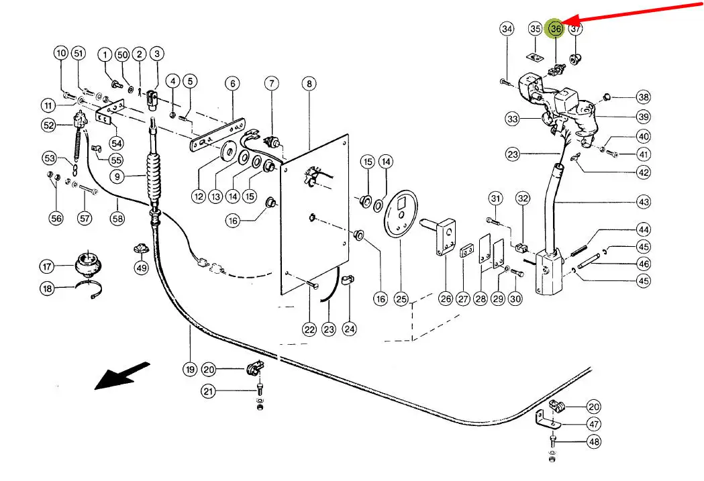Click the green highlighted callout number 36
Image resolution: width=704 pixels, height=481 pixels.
coord(556,29)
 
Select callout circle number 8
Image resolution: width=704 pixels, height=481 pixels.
coord(309,84)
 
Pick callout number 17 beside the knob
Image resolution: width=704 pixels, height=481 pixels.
coord(46,267)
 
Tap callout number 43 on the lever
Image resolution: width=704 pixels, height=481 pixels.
coord(644,201)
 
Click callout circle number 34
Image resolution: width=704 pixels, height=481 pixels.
coord(507,29)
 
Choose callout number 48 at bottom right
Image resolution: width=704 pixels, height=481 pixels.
coord(594,442)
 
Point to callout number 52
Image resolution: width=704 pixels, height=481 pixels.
coord(48,125)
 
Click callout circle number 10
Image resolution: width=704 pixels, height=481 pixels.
coord(61,53)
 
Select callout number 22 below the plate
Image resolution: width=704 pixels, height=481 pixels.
coord(309,329)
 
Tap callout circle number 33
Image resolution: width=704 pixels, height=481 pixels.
coord(513,119)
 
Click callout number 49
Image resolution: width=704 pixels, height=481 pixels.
coord(141,268)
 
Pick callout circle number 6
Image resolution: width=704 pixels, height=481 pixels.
coord(232,84)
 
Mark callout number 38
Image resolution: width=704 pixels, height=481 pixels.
coord(644,97)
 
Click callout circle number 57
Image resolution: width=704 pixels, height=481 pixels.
coord(84,218)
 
